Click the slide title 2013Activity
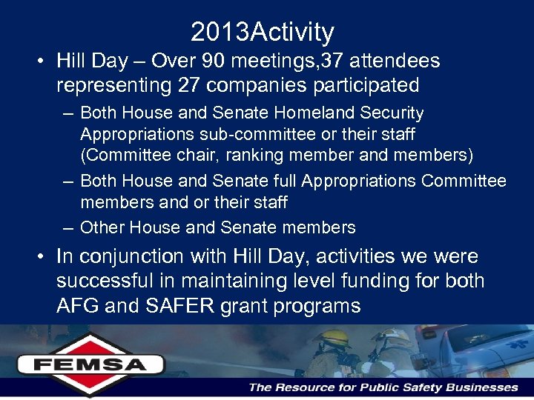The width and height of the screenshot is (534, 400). click(262, 32)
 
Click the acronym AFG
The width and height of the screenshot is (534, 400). click(78, 306)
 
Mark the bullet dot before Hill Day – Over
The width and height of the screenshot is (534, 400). click(37, 61)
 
